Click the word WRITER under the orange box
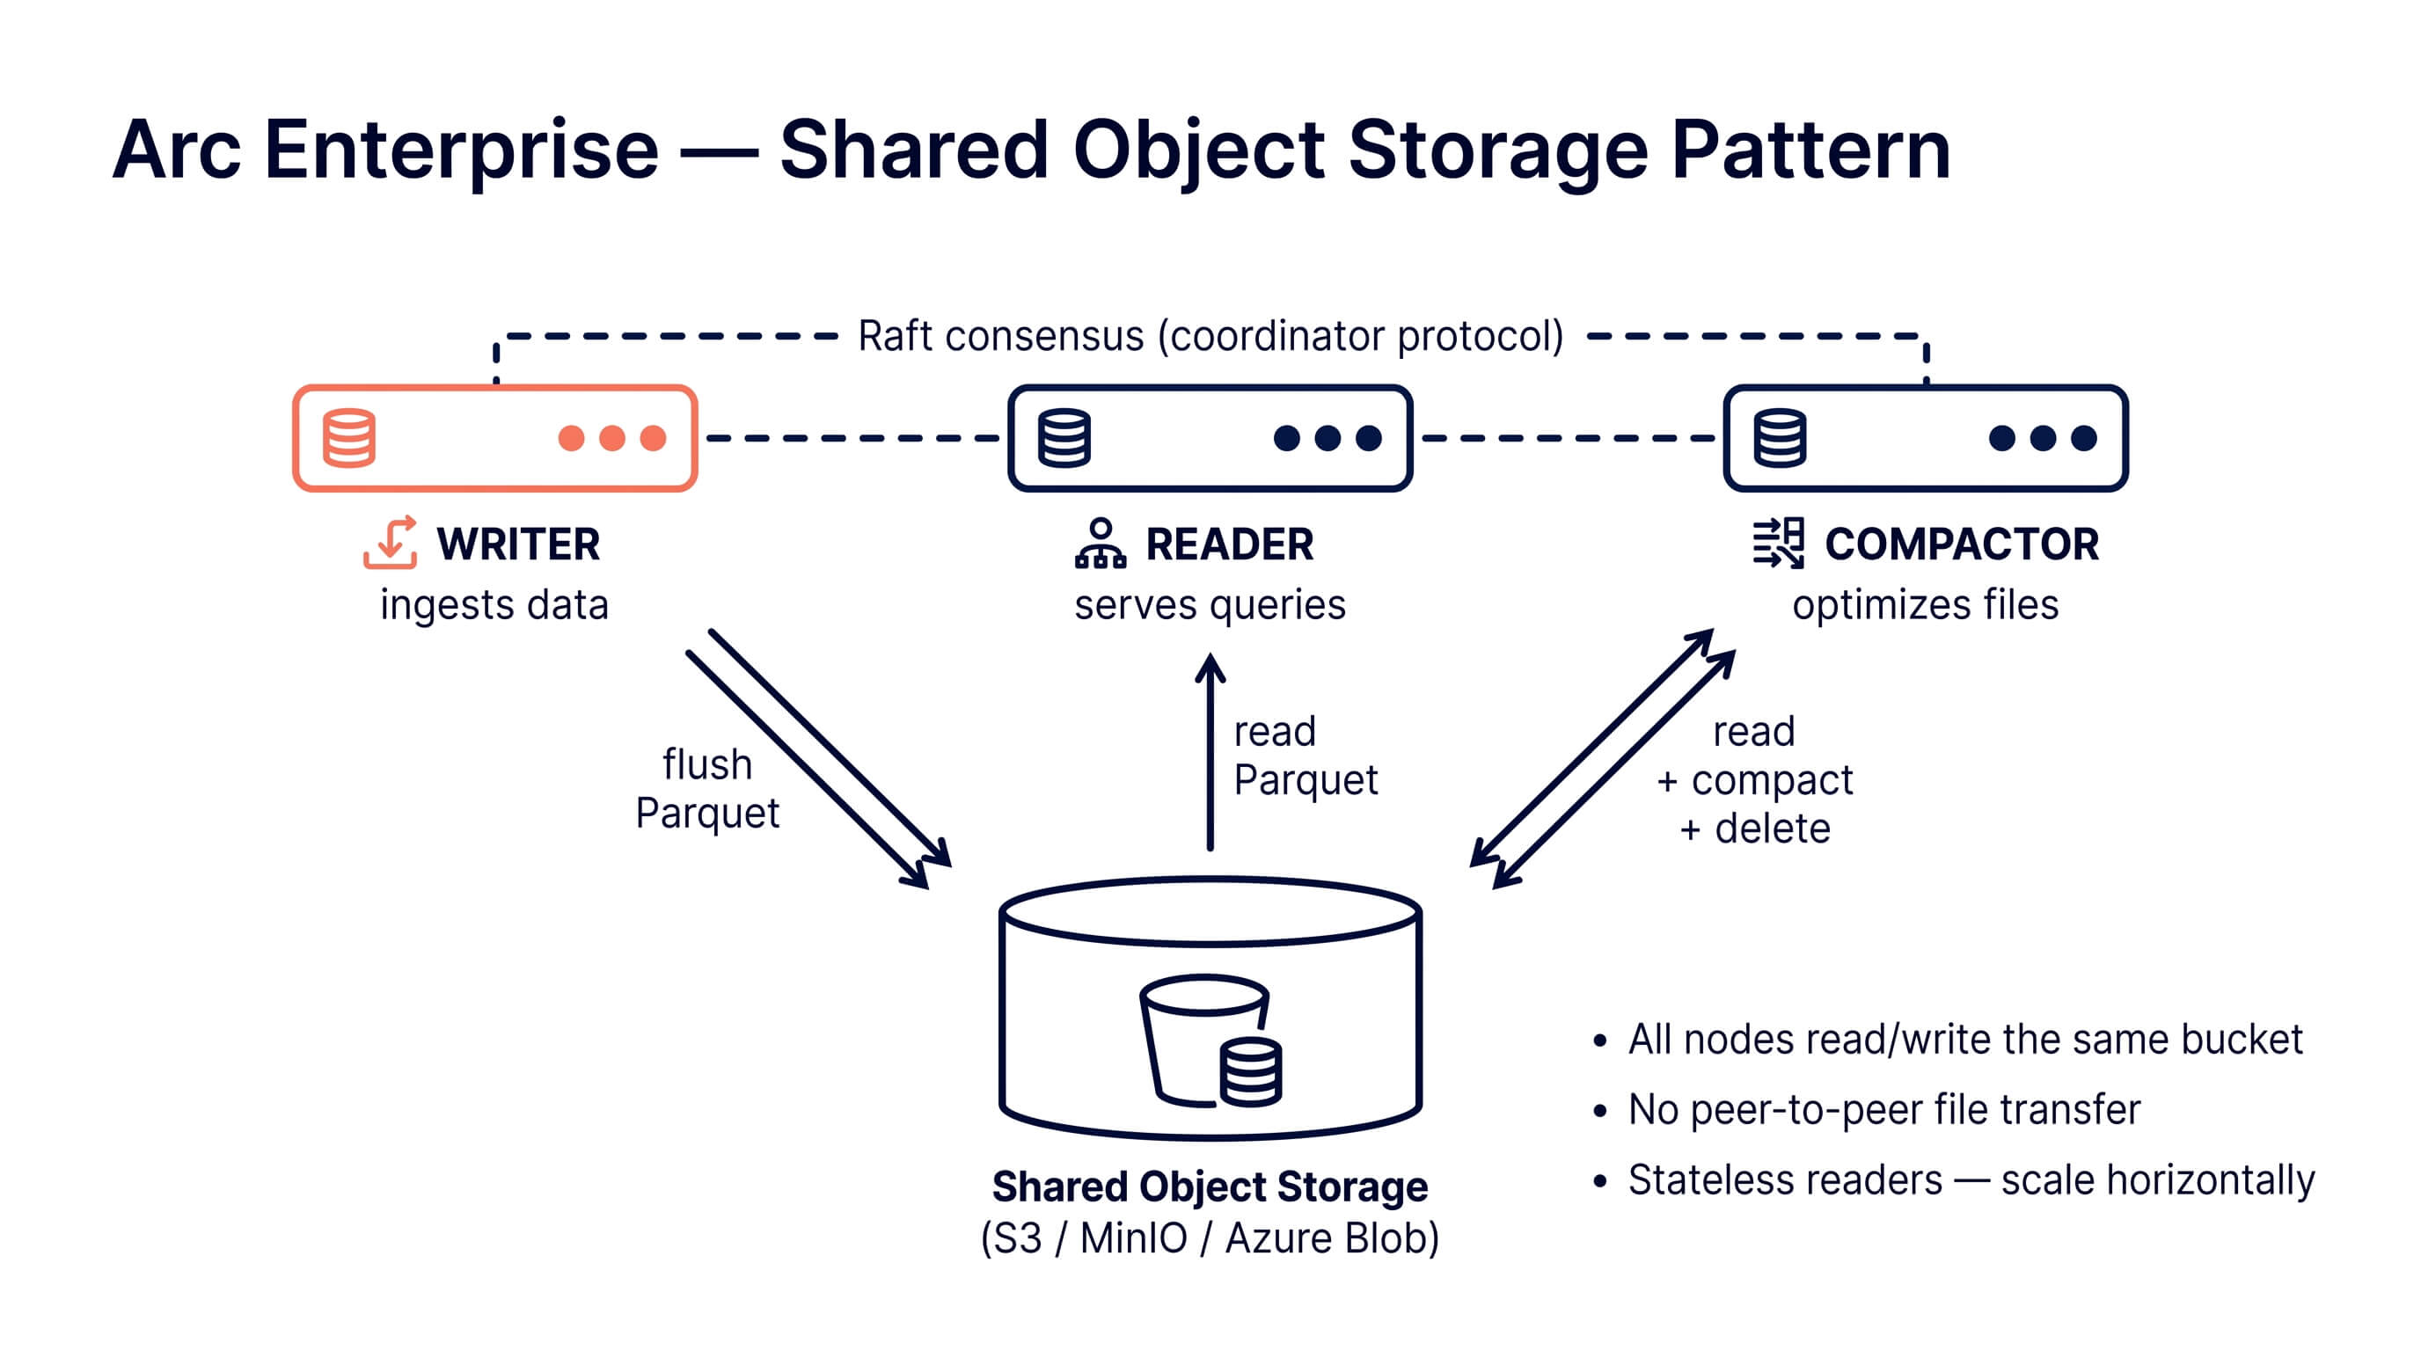pyautogui.click(x=518, y=544)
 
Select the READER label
pyautogui.click(x=1229, y=544)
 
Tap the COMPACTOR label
pyautogui.click(x=1962, y=544)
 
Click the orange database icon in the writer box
pyautogui.click(x=348, y=438)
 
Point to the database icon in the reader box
pyautogui.click(x=1064, y=438)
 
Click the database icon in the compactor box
pyautogui.click(x=1779, y=438)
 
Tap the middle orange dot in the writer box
pyautogui.click(x=611, y=438)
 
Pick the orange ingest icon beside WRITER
pyautogui.click(x=390, y=542)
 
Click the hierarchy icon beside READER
pyautogui.click(x=1100, y=543)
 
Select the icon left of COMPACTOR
pyautogui.click(x=1778, y=543)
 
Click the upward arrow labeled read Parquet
pyautogui.click(x=1210, y=752)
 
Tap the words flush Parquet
pyautogui.click(x=706, y=788)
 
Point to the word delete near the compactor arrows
pyautogui.click(x=1772, y=829)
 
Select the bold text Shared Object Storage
pyautogui.click(x=1210, y=1187)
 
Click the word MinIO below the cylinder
pyautogui.click(x=1133, y=1238)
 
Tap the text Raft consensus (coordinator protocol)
pyautogui.click(x=1210, y=335)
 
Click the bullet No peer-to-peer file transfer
pyautogui.click(x=1883, y=1109)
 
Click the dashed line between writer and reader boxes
pyautogui.click(x=852, y=438)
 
